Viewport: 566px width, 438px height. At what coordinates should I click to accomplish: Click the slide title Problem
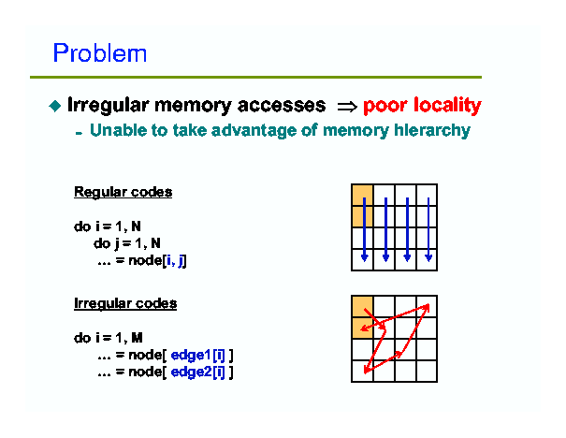100,52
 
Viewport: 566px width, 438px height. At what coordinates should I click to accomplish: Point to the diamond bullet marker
54,106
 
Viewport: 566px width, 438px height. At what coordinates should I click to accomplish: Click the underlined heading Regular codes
123,192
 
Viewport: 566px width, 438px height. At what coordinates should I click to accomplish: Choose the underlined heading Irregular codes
125,303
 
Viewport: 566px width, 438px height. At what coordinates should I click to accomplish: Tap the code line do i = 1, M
108,337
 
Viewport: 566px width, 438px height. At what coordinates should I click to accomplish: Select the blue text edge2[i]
201,372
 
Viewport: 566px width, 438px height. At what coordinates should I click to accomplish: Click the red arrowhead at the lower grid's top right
427,306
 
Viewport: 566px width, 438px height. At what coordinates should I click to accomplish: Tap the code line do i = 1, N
108,226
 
